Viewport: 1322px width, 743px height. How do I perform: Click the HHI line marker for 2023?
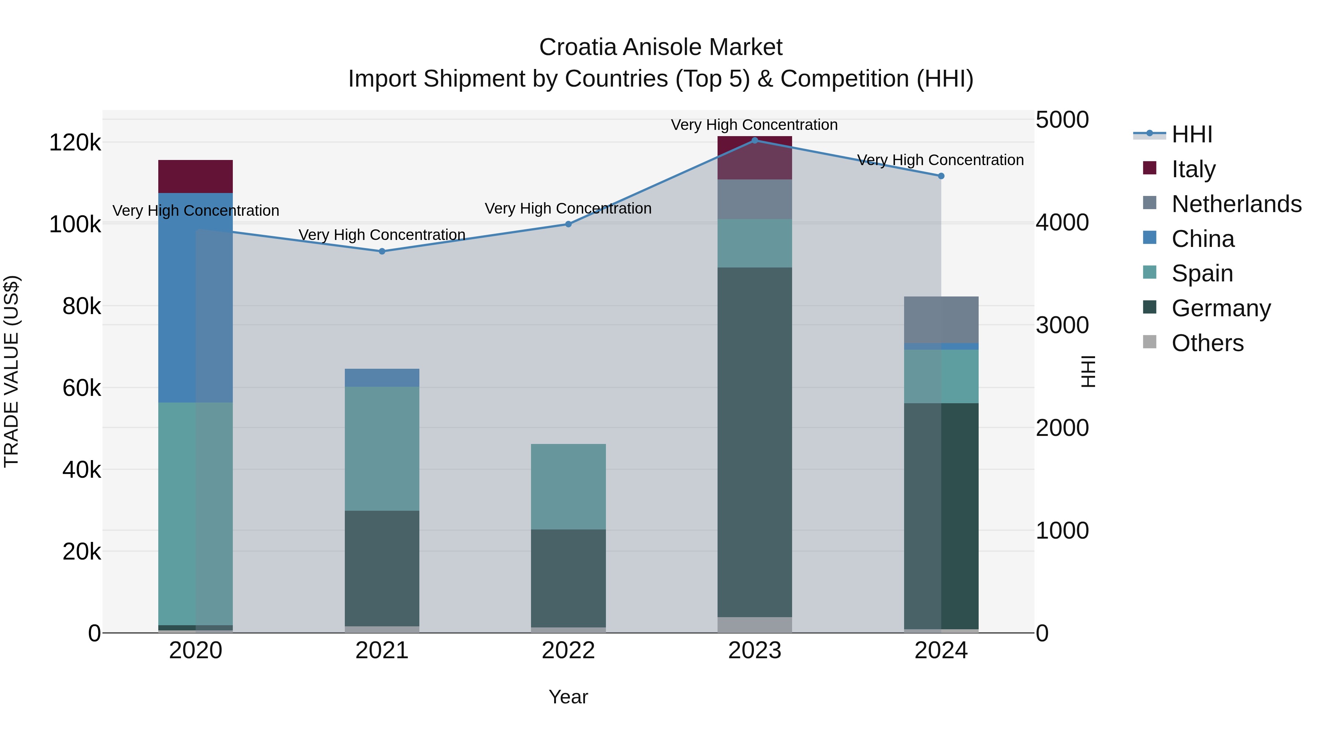754,140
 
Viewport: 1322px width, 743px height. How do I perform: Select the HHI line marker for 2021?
382,251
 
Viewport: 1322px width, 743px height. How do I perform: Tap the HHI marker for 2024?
941,176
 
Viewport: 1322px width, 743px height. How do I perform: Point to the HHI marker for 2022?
568,224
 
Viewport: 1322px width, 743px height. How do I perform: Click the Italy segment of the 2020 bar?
195,176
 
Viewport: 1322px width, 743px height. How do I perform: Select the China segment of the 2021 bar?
382,378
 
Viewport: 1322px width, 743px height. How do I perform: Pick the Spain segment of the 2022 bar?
568,487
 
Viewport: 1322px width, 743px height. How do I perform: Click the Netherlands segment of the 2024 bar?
941,320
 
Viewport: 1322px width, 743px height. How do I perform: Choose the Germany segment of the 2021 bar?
382,568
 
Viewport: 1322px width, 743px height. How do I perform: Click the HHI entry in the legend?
1191,134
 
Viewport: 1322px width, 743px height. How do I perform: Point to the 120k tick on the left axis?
75,143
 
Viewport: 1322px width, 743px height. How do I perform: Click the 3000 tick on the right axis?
1062,325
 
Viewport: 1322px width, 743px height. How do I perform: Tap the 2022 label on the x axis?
568,651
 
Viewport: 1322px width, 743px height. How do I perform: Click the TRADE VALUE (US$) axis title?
11,371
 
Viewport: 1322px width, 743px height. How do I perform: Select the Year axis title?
568,697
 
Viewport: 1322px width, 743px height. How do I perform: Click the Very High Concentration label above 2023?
754,125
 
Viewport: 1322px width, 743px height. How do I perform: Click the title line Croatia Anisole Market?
661,47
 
